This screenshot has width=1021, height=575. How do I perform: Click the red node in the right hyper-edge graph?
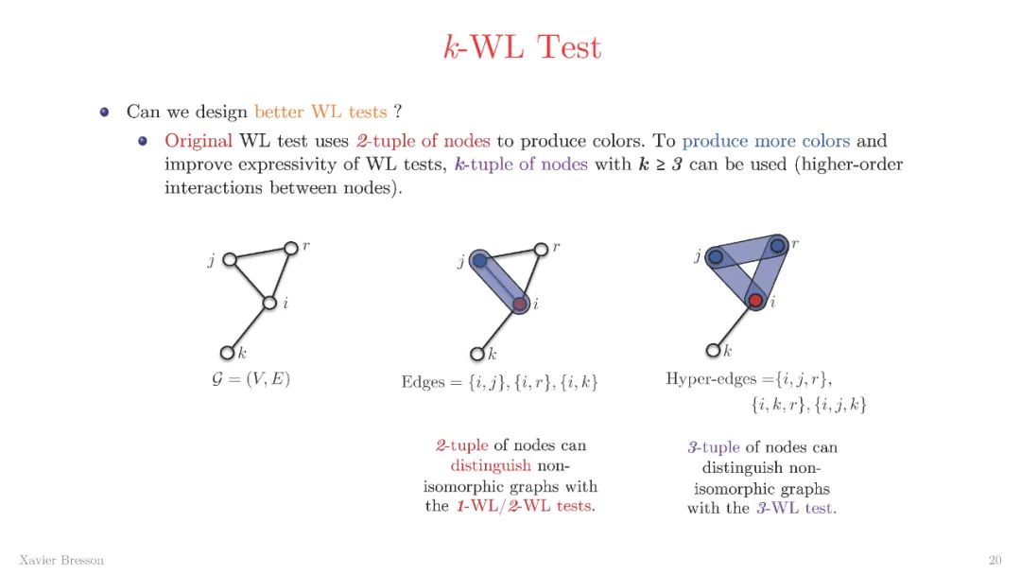click(x=754, y=300)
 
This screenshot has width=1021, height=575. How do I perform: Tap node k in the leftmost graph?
click(x=227, y=353)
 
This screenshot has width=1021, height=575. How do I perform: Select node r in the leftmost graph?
click(x=291, y=248)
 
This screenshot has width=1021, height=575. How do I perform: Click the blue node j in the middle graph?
click(x=479, y=260)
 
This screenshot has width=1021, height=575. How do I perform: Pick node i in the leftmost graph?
click(x=269, y=303)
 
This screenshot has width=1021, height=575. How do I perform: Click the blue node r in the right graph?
click(x=777, y=246)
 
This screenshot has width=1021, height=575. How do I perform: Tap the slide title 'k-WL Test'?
click(x=522, y=47)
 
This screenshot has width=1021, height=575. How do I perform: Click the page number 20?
click(x=995, y=560)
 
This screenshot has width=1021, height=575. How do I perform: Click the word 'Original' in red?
click(x=199, y=141)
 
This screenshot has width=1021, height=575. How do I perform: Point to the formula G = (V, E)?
click(x=251, y=380)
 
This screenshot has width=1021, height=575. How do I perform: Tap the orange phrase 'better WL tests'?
click(x=320, y=112)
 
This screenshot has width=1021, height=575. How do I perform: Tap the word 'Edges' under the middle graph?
click(x=423, y=382)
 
